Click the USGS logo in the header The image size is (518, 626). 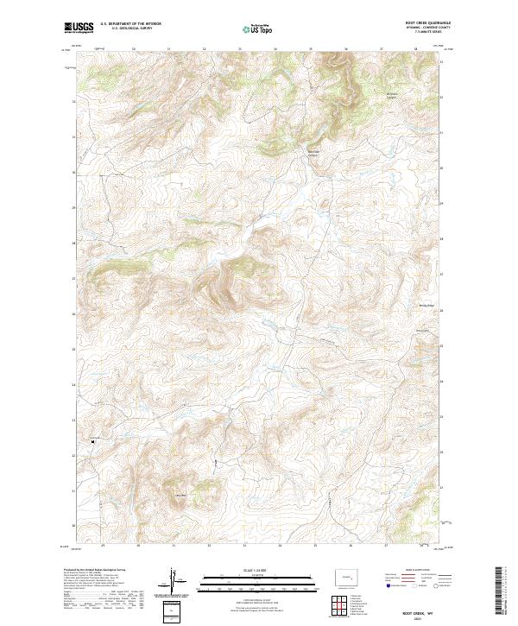pyautogui.click(x=79, y=28)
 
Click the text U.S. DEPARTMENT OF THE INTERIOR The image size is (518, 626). pyautogui.click(x=130, y=25)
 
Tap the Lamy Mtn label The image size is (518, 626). pyautogui.click(x=180, y=495)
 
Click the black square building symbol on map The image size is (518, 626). pyautogui.click(x=92, y=441)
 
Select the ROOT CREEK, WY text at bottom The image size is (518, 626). pyautogui.click(x=420, y=608)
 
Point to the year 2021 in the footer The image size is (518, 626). pyautogui.click(x=420, y=616)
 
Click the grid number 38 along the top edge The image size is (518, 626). pyautogui.click(x=415, y=49)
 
